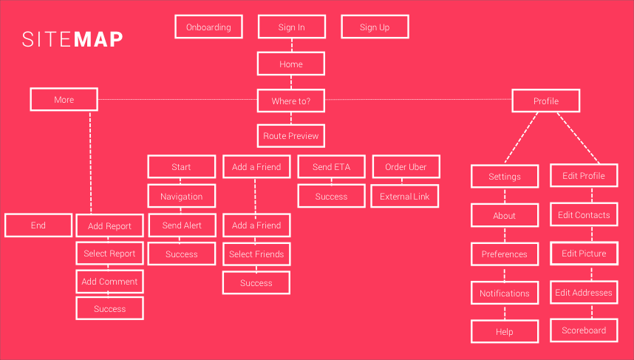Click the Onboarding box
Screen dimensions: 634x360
pyautogui.click(x=208, y=27)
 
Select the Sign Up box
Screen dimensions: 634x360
pyautogui.click(x=375, y=27)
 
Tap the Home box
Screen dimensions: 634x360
pyautogui.click(x=291, y=64)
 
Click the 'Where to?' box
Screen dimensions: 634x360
pyautogui.click(x=291, y=101)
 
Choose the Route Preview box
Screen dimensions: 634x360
pyautogui.click(x=291, y=136)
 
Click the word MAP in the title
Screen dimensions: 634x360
pyautogui.click(x=98, y=40)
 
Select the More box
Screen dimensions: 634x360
pyautogui.click(x=64, y=100)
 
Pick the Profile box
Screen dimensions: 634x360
pyautogui.click(x=546, y=101)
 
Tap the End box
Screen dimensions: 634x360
pyautogui.click(x=38, y=225)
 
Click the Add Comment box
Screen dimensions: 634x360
pyautogui.click(x=109, y=282)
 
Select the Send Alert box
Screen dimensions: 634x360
pyautogui.click(x=182, y=225)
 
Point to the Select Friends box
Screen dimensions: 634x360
pyautogui.click(x=256, y=254)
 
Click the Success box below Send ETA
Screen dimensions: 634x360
pyautogui.click(x=332, y=196)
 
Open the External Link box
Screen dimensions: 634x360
pyautogui.click(x=405, y=196)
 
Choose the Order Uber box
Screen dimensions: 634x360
pyautogui.click(x=406, y=166)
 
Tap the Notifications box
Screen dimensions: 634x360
pyautogui.click(x=505, y=293)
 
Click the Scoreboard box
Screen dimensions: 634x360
pyautogui.click(x=584, y=330)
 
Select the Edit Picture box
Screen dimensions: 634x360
pyautogui.click(x=584, y=254)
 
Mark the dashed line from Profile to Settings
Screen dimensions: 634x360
pyautogui.click(x=521, y=138)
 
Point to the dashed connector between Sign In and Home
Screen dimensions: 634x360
pyautogui.click(x=292, y=45)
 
